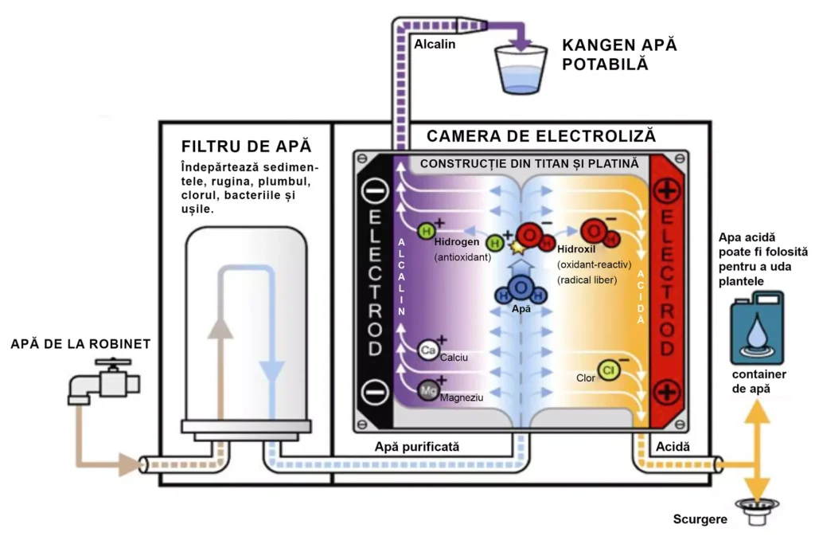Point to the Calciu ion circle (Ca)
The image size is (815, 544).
(428, 350)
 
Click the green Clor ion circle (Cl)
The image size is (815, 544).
(609, 370)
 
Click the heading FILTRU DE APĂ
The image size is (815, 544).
(246, 147)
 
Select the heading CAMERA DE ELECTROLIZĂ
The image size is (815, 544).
(540, 135)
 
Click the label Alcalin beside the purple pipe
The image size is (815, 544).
(435, 44)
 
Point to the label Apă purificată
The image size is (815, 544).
(417, 447)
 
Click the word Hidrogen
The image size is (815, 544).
(457, 241)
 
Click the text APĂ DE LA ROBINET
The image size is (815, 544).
(80, 344)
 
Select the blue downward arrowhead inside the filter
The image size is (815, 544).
(272, 370)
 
